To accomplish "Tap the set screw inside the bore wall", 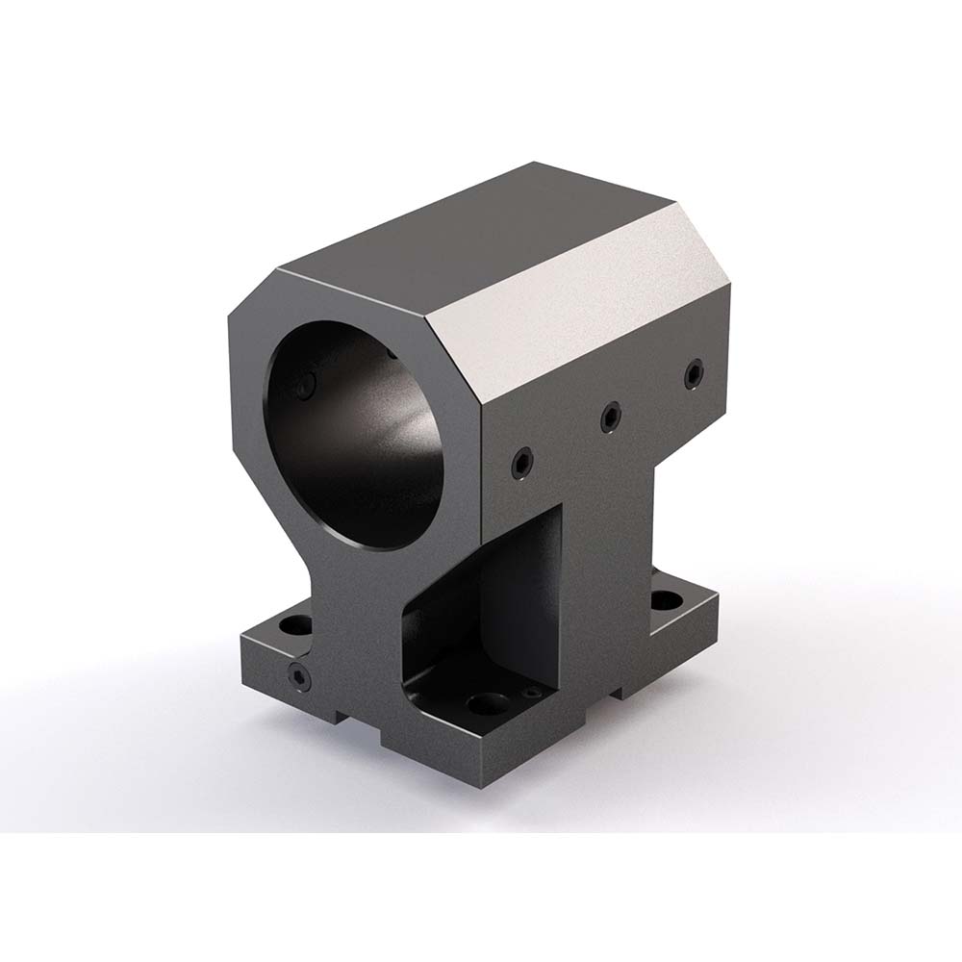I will [x=306, y=387].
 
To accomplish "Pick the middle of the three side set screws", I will [x=610, y=417].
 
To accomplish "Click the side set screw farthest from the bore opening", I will [x=694, y=375].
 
